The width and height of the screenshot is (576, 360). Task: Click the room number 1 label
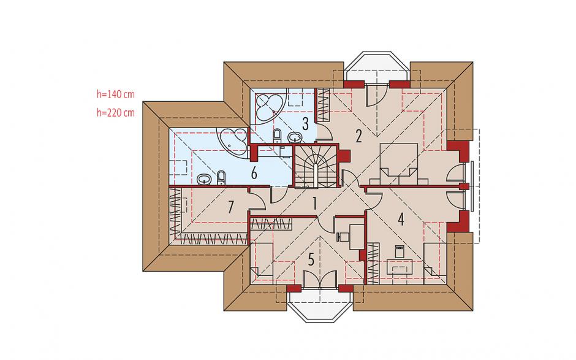pos(314,204)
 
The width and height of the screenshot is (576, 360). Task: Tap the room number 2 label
pos(359,136)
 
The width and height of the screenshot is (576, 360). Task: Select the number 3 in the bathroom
pos(305,124)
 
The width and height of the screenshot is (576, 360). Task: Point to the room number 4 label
pos(401,219)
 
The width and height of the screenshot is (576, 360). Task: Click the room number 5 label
pos(311,260)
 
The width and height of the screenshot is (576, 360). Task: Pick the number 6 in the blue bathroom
pos(254,173)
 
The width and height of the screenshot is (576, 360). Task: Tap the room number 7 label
pos(230,207)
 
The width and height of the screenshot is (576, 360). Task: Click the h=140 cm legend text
pos(116,94)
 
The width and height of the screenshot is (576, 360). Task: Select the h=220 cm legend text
pos(116,112)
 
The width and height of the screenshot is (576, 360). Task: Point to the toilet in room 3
pos(278,136)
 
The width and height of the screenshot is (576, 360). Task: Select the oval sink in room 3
pos(295,137)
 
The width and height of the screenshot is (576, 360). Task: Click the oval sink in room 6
pos(204,179)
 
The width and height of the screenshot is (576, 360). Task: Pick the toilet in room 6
pos(221,177)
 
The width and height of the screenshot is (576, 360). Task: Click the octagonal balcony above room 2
pos(377,66)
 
